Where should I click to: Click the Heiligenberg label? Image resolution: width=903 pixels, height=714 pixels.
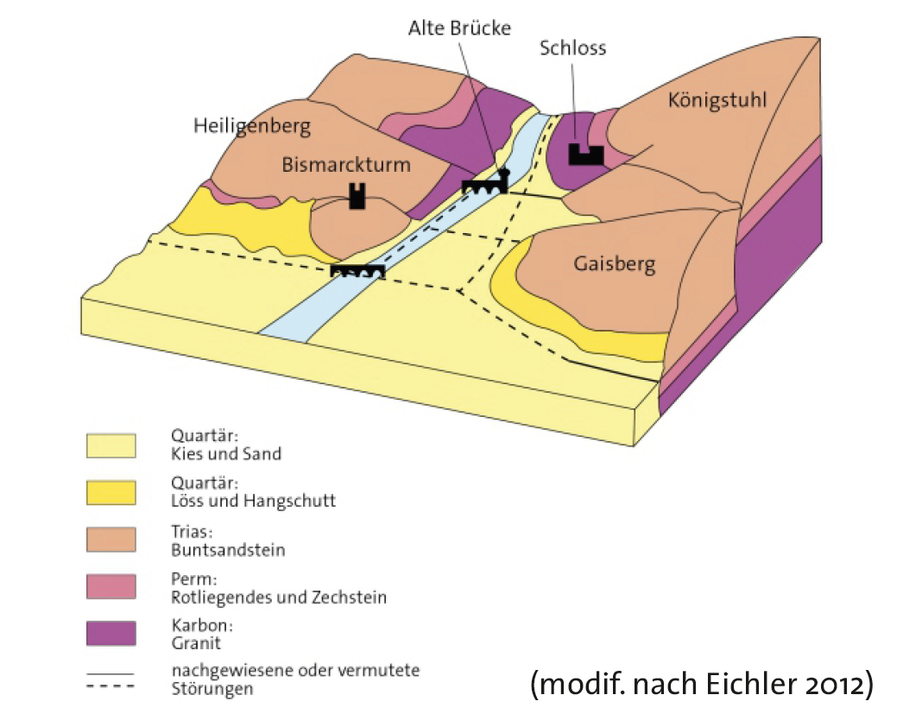(x=252, y=128)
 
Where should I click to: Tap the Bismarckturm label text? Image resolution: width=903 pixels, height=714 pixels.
(x=346, y=165)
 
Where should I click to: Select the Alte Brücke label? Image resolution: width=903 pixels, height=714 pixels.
(x=459, y=28)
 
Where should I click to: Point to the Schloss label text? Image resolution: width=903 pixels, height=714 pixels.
(x=572, y=47)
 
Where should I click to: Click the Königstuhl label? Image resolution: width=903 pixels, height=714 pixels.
(x=717, y=100)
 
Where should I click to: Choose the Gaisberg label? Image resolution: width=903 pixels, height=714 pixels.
(x=615, y=263)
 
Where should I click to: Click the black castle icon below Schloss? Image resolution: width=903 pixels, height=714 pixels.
(x=585, y=155)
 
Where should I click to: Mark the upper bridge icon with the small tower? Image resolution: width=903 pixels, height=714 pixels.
(x=486, y=183)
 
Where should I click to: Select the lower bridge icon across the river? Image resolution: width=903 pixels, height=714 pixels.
(x=357, y=271)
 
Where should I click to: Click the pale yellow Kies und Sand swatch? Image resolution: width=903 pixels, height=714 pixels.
(x=111, y=445)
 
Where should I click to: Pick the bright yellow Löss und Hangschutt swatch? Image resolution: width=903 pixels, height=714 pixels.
(x=111, y=493)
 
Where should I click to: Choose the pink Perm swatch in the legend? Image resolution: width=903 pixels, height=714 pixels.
(x=111, y=587)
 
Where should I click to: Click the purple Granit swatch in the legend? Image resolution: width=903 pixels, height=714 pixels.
(x=111, y=634)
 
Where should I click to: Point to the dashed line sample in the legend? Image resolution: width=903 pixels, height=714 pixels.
(x=111, y=687)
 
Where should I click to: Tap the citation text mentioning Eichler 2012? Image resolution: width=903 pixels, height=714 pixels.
(x=702, y=684)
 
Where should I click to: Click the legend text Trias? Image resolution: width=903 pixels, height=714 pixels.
(x=191, y=533)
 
